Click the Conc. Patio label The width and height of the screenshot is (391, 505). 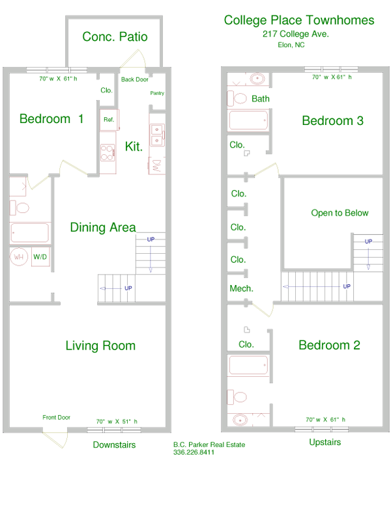[115, 37]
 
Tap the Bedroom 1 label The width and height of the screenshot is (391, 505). [51, 119]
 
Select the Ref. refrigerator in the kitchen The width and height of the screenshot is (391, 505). [108, 120]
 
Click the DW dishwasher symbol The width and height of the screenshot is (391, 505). [156, 165]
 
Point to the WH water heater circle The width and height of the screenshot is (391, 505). [20, 257]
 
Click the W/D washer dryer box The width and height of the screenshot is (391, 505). [40, 257]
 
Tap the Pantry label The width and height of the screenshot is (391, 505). [157, 94]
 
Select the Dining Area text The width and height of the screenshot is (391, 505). [103, 227]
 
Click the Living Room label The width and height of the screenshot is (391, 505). [100, 346]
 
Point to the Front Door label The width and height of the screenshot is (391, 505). [57, 418]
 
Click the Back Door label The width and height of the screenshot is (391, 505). [134, 79]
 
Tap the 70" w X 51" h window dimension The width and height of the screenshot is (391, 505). [117, 421]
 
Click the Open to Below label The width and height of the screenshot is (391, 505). [340, 213]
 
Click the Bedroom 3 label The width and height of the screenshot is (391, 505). [332, 121]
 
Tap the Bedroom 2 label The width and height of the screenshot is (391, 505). [329, 346]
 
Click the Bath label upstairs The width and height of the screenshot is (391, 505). [261, 99]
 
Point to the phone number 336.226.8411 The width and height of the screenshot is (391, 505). [194, 453]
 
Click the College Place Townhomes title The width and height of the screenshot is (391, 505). [299, 20]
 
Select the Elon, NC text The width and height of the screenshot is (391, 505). [291, 45]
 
